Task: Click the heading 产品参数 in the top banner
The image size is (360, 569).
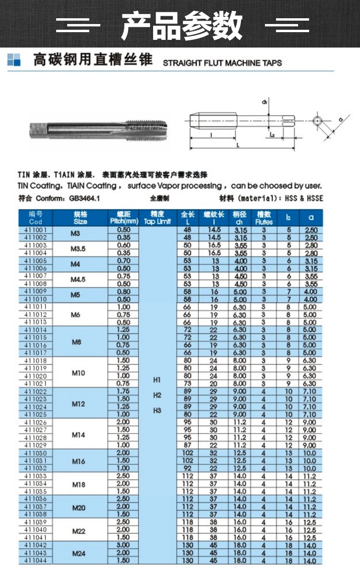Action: [x=181, y=25]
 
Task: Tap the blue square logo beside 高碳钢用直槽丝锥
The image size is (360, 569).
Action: [x=14, y=60]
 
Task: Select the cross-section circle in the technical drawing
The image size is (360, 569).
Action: [x=318, y=121]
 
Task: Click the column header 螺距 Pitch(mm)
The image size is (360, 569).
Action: [x=123, y=218]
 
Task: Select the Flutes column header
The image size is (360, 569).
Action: [x=264, y=218]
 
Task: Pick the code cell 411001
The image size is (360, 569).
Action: [x=36, y=230]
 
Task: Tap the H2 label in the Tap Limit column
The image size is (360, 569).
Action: [x=156, y=395]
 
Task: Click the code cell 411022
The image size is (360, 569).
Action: [x=36, y=392]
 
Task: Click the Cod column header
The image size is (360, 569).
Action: [x=36, y=221]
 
